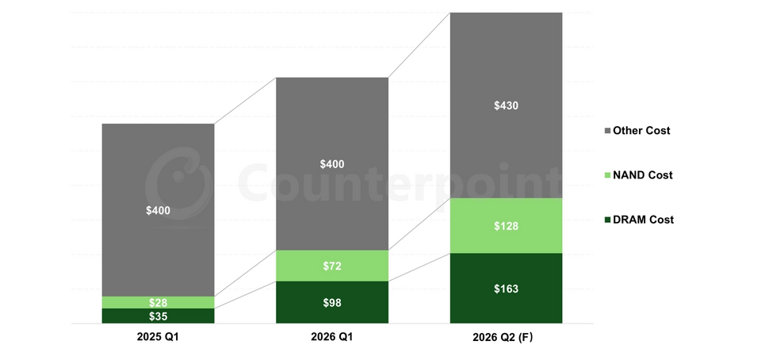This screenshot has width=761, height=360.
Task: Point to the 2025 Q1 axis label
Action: point(158,337)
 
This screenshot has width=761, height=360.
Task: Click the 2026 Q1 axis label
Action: point(332,337)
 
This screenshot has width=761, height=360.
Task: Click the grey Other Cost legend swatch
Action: point(607,131)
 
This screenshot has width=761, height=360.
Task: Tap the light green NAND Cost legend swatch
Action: point(607,175)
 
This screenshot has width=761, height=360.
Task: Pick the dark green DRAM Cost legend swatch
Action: point(607,220)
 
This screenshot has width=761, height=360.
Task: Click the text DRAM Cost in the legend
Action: point(643,220)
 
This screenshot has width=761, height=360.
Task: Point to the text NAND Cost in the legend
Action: point(643,175)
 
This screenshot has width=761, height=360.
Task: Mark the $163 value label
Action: point(506,289)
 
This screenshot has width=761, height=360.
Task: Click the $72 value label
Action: point(332,266)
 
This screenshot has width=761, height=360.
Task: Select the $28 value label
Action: point(158,303)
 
